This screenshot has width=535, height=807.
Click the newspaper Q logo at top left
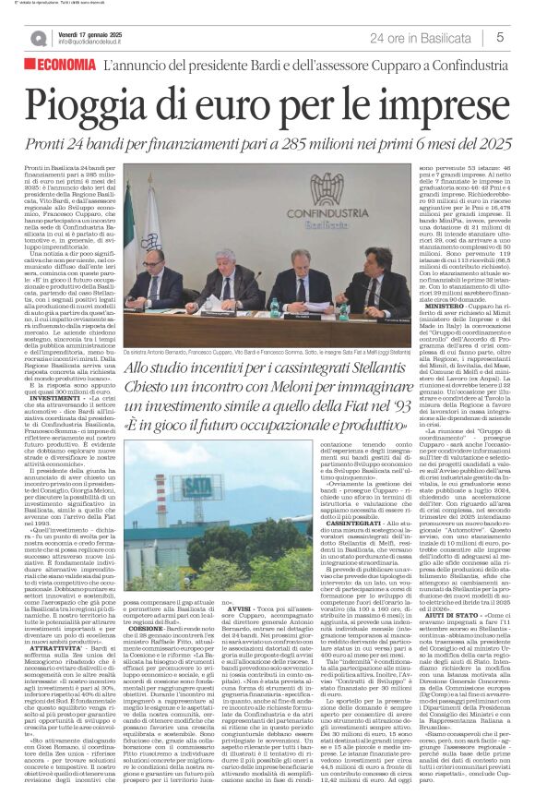[x=38, y=38]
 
